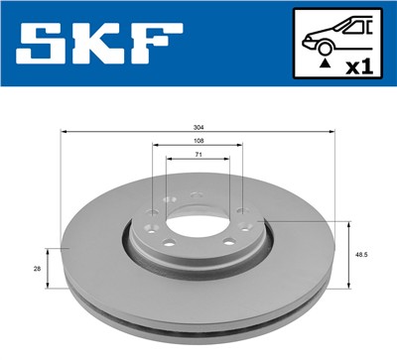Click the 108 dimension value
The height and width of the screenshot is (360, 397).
(197, 141)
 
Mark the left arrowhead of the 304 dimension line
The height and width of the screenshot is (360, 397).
(64, 131)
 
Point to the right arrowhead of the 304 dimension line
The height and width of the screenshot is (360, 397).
(332, 131)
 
